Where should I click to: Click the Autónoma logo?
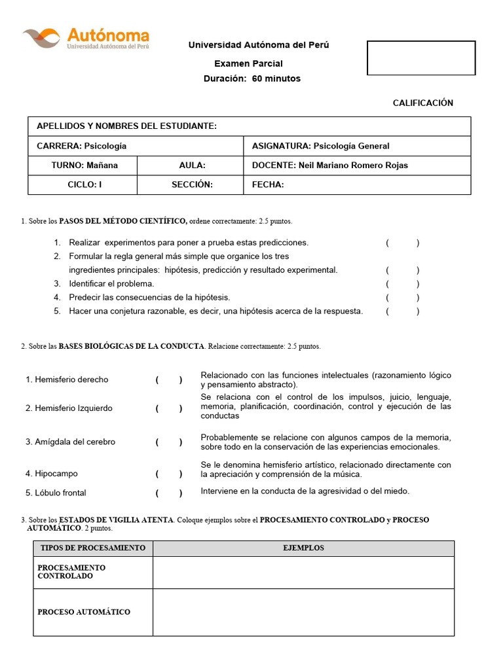86,39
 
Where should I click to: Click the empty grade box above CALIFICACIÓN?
421,58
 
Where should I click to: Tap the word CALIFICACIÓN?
422,103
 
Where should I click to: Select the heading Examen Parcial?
248,63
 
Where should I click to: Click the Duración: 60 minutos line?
252,79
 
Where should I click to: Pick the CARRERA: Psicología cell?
82,146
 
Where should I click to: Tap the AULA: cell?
192,166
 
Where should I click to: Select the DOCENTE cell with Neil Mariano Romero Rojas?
329,166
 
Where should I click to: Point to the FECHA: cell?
268,185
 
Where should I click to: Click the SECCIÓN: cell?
192,185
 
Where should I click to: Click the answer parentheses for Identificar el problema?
403,284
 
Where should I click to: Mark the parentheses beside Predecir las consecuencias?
403,298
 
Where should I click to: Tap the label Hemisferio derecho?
67,379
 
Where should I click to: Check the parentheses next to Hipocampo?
169,474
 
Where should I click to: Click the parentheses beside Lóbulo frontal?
169,493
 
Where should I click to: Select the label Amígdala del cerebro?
70,442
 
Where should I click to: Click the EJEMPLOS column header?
303,548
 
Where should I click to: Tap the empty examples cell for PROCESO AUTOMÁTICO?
303,612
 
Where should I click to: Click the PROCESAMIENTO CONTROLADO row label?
71,572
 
